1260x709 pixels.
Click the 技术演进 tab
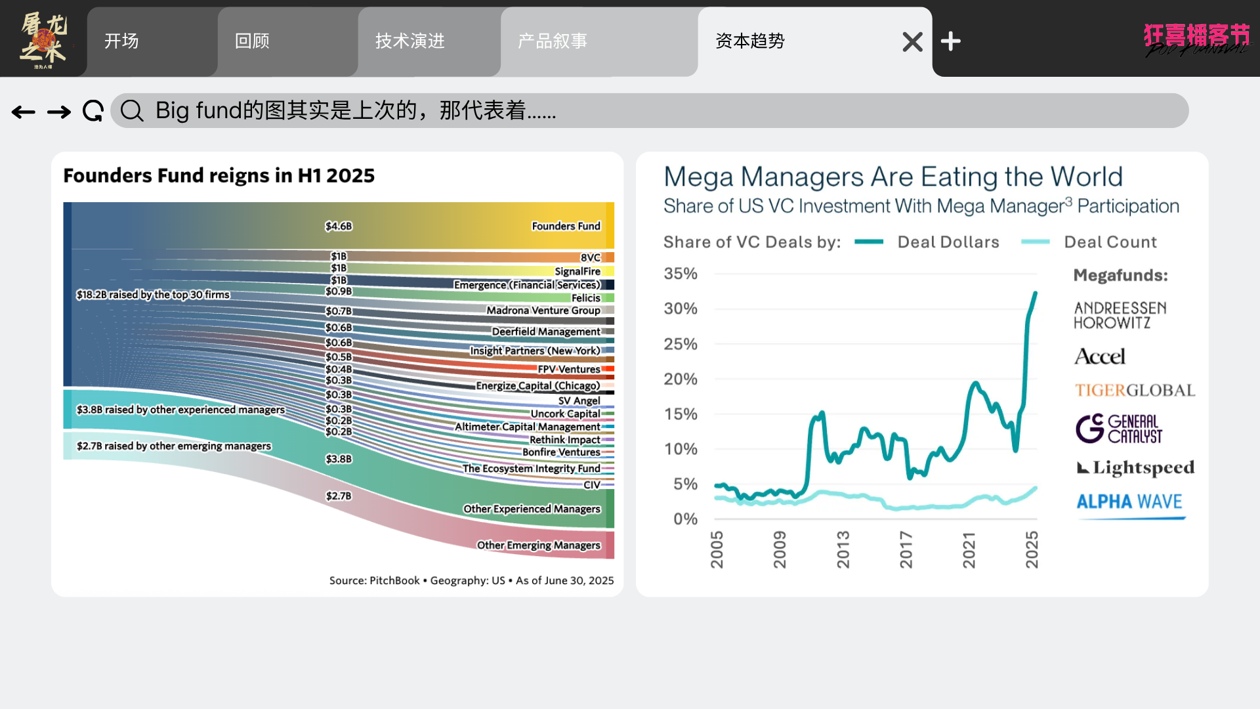click(x=410, y=41)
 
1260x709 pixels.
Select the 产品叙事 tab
click(x=553, y=41)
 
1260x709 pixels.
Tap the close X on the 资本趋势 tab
click(x=912, y=42)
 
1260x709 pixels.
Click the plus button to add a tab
click(x=950, y=41)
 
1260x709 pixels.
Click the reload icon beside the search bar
click(x=93, y=111)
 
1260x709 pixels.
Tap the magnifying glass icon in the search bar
click(x=132, y=111)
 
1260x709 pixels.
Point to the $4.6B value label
click(x=339, y=226)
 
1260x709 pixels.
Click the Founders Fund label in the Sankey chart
click(x=566, y=226)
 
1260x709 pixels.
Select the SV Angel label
click(x=579, y=400)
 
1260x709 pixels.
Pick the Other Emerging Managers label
click(x=538, y=545)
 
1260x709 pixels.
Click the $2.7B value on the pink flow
click(x=339, y=496)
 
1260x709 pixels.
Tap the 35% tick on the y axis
click(x=681, y=274)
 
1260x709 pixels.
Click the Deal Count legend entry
click(x=1110, y=242)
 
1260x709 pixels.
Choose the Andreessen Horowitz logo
click(x=1120, y=315)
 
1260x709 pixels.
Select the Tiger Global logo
click(x=1135, y=391)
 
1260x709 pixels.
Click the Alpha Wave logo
click(x=1129, y=502)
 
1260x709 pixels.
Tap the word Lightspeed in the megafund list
click(x=1143, y=467)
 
